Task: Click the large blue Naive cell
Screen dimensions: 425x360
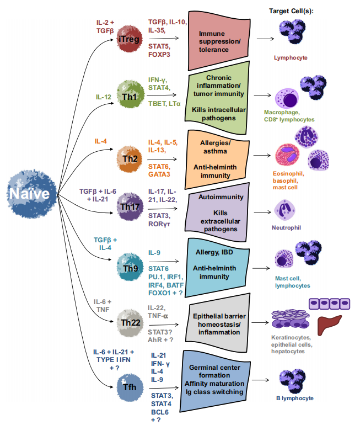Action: point(32,194)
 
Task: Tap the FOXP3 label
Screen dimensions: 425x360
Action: point(159,54)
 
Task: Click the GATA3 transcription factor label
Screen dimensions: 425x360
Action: point(159,174)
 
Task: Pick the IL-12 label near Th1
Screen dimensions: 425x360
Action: point(103,97)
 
